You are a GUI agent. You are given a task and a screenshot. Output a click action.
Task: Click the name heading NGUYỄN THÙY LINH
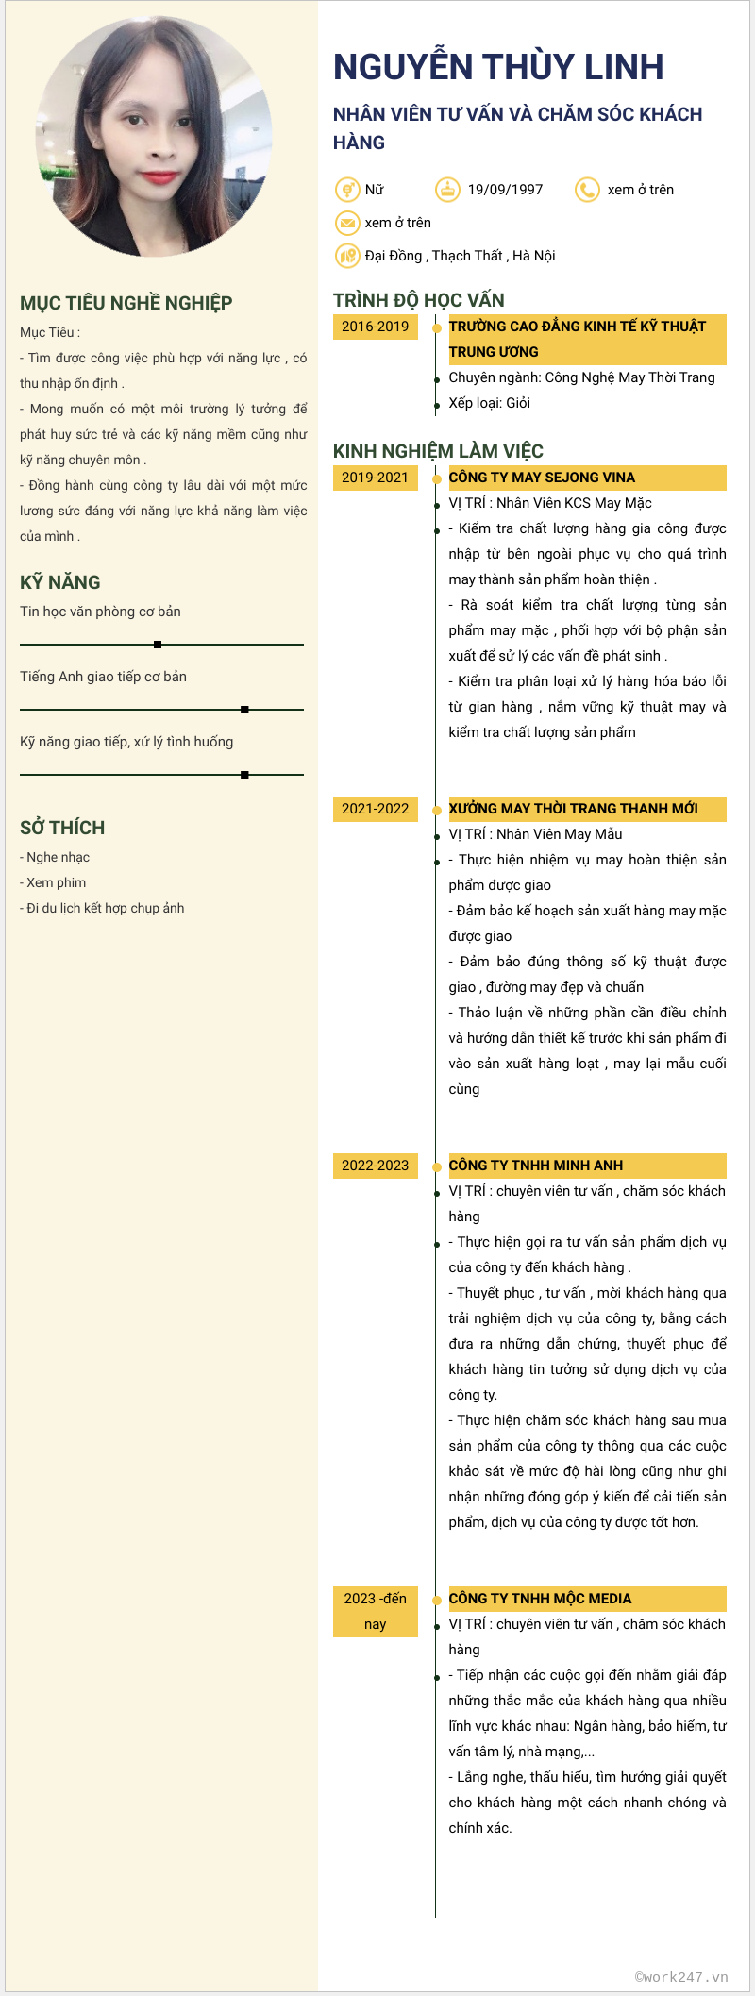[498, 67]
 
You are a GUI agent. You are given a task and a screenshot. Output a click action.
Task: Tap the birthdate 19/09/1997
[505, 190]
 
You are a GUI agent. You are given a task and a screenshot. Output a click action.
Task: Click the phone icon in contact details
[587, 190]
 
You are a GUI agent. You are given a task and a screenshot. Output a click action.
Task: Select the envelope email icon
[347, 223]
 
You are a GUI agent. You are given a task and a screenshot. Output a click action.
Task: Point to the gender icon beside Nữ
[347, 190]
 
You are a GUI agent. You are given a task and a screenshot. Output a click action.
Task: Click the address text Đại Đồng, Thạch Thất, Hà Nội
[460, 256]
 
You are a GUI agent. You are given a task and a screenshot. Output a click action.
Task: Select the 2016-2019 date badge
[375, 327]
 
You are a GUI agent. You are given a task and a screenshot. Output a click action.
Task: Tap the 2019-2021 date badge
[375, 478]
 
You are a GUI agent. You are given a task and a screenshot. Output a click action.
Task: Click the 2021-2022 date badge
[375, 809]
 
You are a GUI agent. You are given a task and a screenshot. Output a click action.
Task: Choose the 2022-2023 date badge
[375, 1166]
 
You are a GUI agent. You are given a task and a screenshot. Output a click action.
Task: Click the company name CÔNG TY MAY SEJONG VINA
[542, 478]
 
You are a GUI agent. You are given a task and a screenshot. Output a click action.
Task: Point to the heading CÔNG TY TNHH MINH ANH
[535, 1166]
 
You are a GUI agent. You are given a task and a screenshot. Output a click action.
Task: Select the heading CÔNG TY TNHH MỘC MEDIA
[540, 1599]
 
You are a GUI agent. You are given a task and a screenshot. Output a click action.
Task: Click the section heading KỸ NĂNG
[60, 582]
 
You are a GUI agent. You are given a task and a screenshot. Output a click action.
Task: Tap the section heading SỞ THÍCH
[62, 828]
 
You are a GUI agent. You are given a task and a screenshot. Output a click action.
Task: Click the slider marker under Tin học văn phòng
[158, 645]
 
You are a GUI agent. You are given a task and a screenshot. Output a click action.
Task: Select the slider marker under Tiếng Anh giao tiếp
[244, 710]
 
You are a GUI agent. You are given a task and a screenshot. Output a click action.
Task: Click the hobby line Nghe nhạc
[58, 857]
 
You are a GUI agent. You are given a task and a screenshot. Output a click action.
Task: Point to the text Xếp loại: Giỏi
[489, 403]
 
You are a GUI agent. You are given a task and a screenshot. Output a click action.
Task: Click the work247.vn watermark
[680, 1977]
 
